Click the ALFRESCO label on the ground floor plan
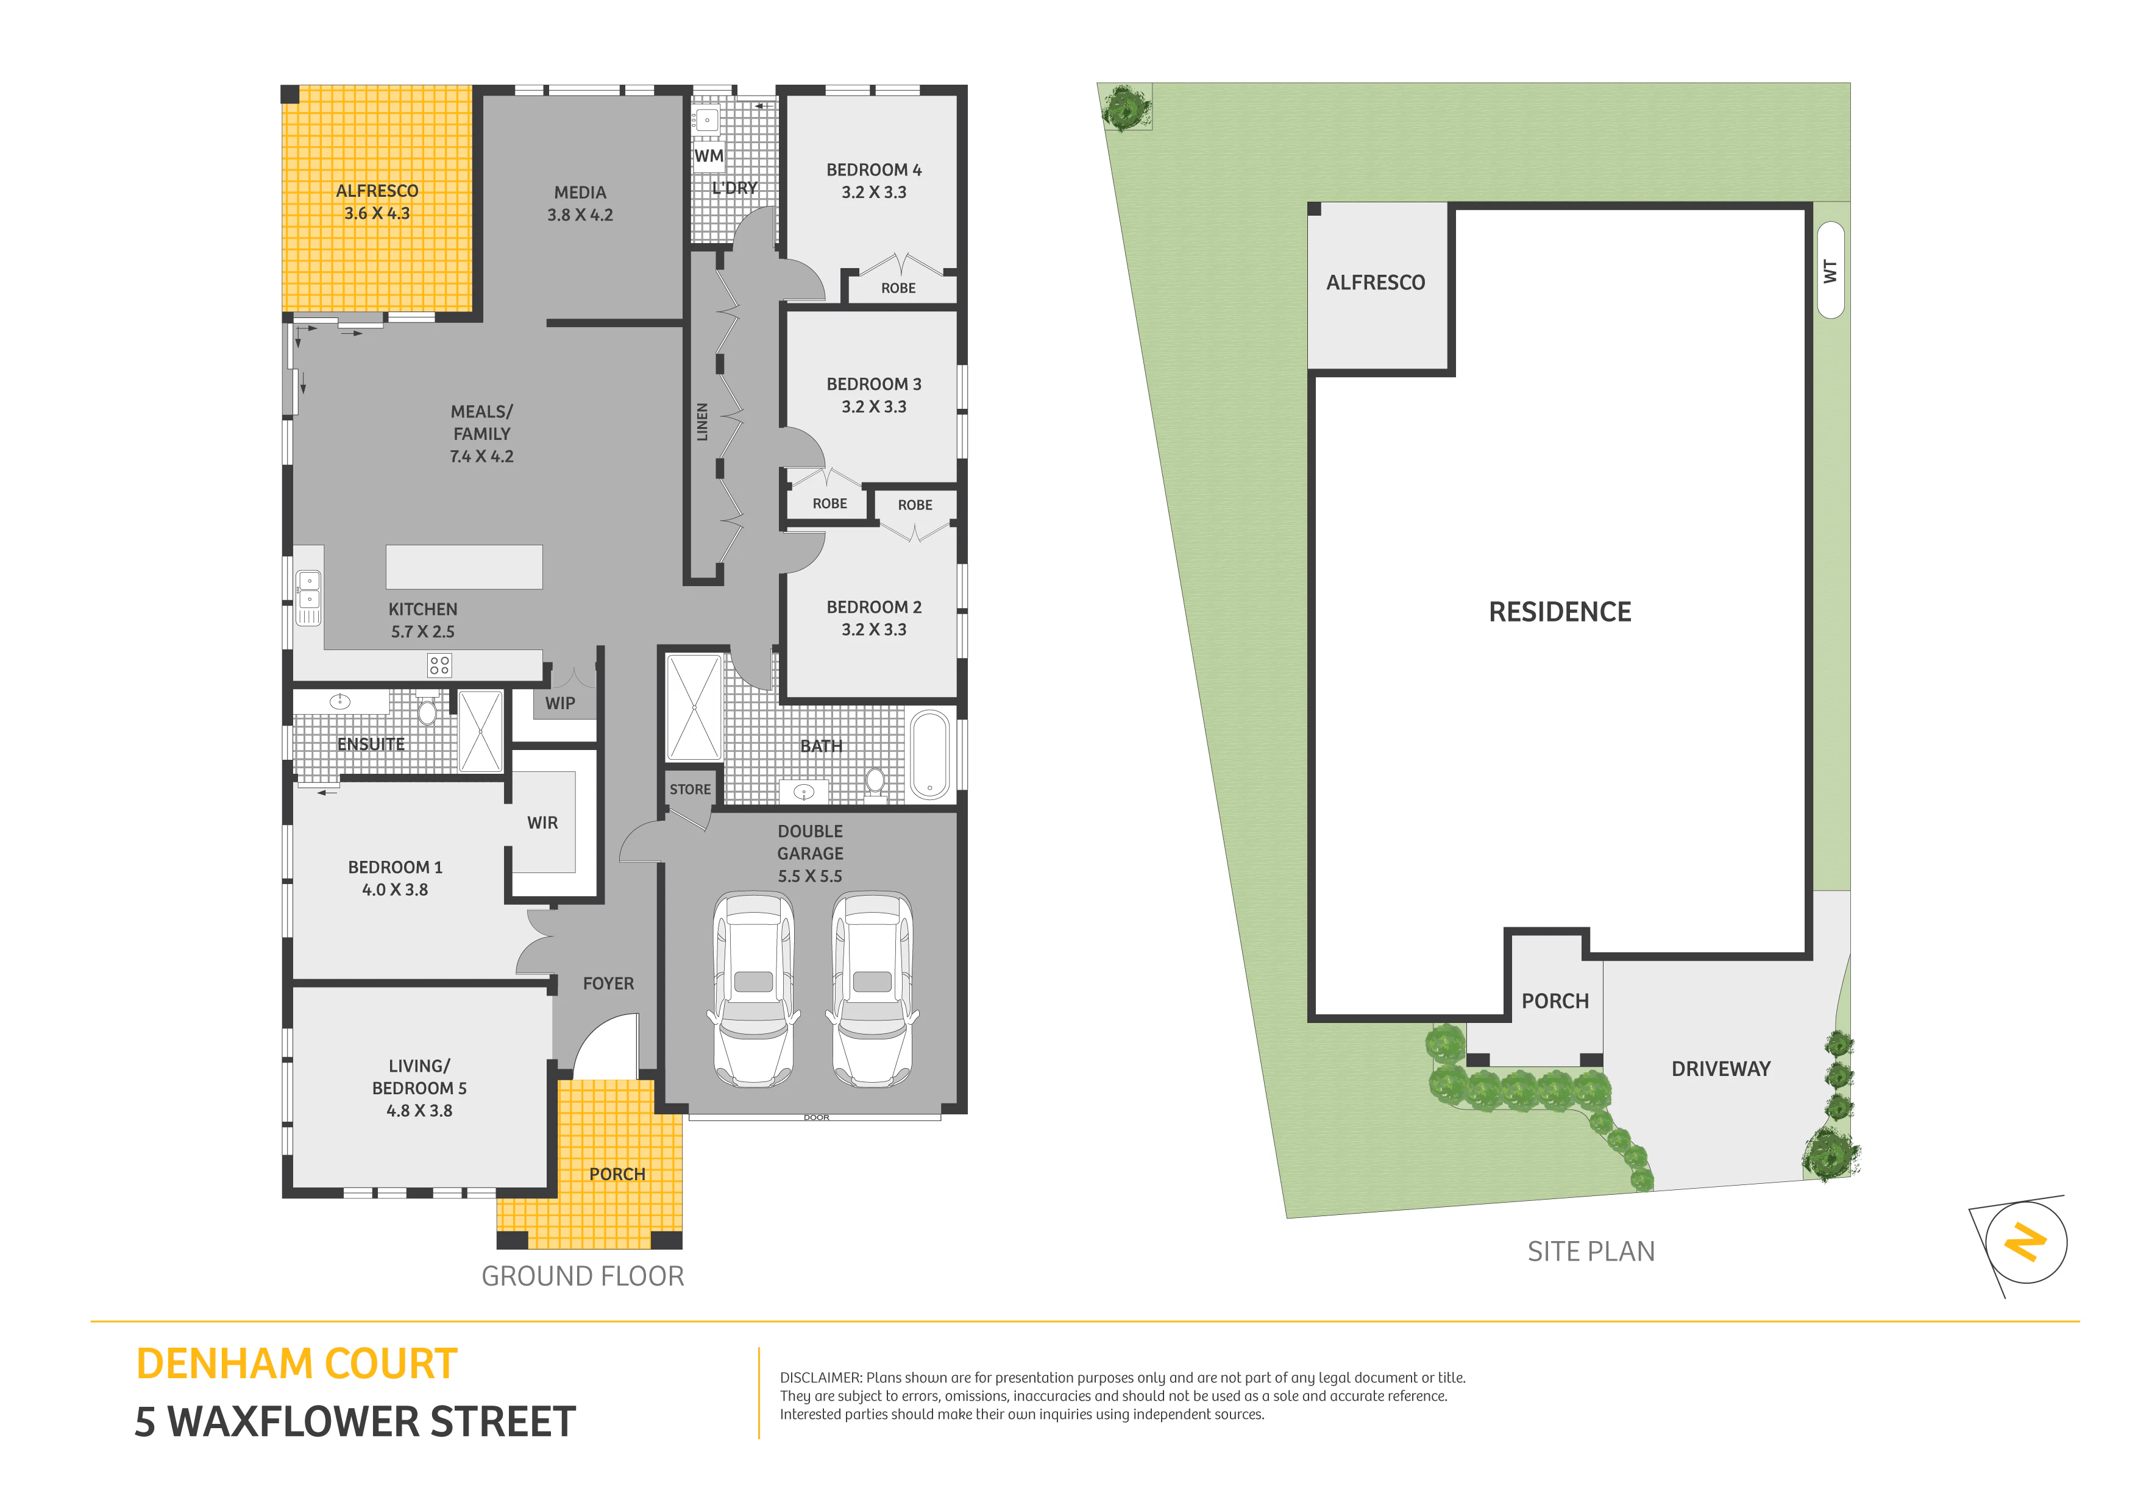pyautogui.click(x=377, y=191)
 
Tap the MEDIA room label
pyautogui.click(x=580, y=193)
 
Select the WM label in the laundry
pyautogui.click(x=709, y=155)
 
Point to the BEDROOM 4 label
pyautogui.click(x=873, y=169)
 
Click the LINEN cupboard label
pyautogui.click(x=702, y=422)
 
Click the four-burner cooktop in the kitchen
pyautogui.click(x=439, y=665)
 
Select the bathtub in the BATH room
pyautogui.click(x=929, y=754)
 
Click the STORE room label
pyautogui.click(x=690, y=790)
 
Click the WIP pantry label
pyautogui.click(x=559, y=704)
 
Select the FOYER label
pyautogui.click(x=608, y=984)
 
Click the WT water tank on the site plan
pyautogui.click(x=1830, y=270)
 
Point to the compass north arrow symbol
pyautogui.click(x=2025, y=1243)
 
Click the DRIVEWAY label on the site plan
pyautogui.click(x=1721, y=1069)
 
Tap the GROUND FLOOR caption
pyautogui.click(x=583, y=1276)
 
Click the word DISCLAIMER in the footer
pyautogui.click(x=820, y=1378)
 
